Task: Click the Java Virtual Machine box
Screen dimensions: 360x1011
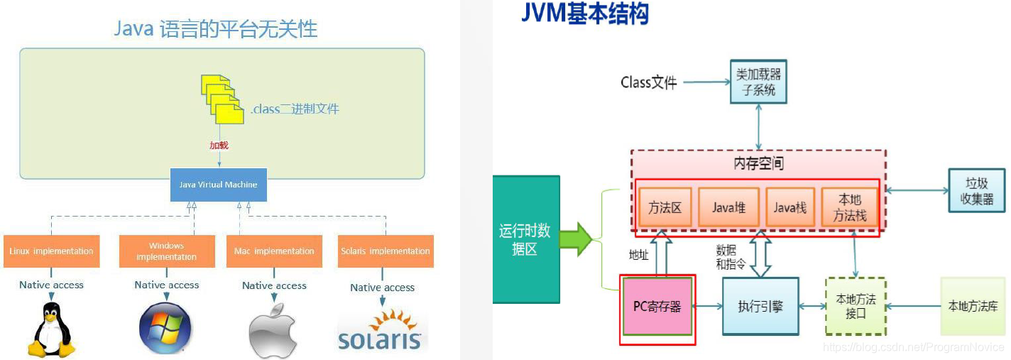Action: click(218, 185)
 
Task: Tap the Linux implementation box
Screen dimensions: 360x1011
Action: click(51, 251)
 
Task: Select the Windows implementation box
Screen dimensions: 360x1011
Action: click(167, 251)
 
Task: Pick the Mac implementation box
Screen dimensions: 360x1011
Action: click(274, 251)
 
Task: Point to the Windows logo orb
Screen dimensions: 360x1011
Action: click(165, 329)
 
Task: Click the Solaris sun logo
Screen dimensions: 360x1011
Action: click(381, 330)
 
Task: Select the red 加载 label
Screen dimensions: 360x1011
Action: click(219, 145)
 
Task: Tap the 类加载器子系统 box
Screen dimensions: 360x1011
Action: click(759, 82)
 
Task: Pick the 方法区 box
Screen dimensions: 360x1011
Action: click(665, 207)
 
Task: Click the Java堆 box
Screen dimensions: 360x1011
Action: click(728, 207)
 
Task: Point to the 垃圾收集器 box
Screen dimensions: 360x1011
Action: click(977, 190)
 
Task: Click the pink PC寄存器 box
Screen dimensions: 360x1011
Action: click(657, 307)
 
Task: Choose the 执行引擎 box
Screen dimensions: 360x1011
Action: click(760, 306)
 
